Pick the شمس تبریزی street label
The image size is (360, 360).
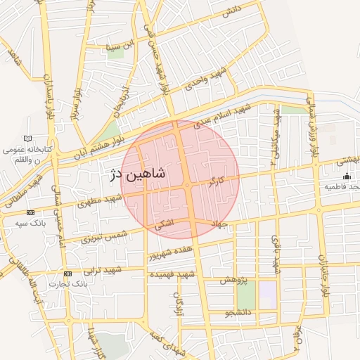103,237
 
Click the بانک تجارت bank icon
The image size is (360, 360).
67,274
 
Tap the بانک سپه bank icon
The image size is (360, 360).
30,212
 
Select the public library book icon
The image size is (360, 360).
28,139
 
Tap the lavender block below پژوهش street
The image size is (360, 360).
267,290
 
